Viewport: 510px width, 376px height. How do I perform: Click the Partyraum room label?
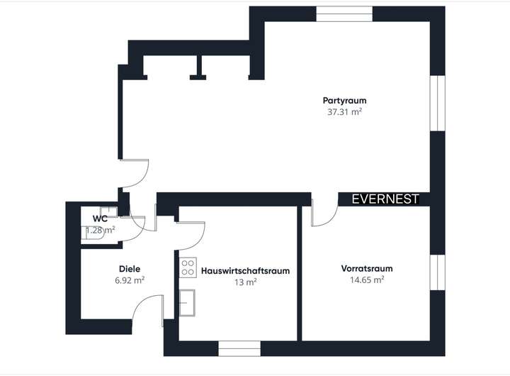coord(344,101)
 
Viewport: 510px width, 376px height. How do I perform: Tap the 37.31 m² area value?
coord(344,111)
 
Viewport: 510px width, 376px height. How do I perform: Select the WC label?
coord(100,219)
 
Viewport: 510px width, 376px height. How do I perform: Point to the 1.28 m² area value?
coord(101,230)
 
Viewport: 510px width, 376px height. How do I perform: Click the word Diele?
coord(130,269)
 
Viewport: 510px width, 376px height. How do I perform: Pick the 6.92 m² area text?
coord(130,280)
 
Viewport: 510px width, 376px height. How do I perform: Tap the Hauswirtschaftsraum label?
coord(246,271)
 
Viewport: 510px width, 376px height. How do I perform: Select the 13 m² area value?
coord(246,282)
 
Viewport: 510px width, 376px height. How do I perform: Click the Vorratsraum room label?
coord(367,269)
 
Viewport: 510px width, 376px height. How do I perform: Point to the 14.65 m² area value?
coord(367,280)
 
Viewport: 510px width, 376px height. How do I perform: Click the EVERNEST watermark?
coord(385,199)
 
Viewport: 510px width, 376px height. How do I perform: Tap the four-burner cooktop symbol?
coord(188,267)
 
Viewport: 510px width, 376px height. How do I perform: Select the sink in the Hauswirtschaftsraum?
coord(188,301)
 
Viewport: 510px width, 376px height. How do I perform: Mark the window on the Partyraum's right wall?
coord(438,102)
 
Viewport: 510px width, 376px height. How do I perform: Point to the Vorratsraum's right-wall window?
coord(438,272)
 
